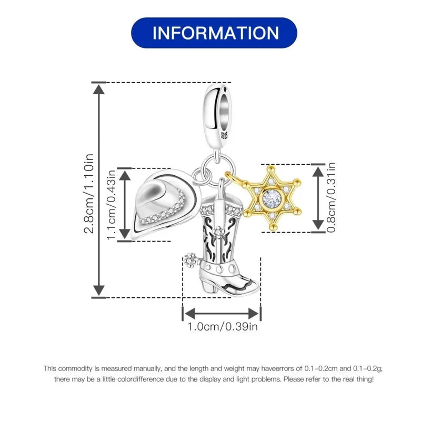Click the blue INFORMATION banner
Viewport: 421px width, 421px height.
point(214,33)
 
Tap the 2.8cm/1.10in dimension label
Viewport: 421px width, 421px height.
point(89,194)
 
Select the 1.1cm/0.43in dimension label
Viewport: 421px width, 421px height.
point(111,205)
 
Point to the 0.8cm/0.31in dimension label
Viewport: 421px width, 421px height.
point(331,197)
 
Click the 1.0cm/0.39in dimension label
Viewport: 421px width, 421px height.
point(222,327)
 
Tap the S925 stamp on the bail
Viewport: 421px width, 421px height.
point(224,135)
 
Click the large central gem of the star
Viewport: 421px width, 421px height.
point(272,198)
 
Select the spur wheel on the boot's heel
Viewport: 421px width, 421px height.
point(191,260)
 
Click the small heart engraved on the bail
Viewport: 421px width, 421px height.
point(225,88)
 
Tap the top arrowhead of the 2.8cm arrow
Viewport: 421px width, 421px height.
point(99,89)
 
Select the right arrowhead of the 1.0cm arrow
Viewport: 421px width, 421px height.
point(254,314)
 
